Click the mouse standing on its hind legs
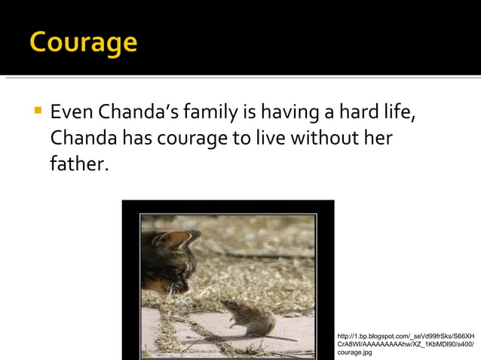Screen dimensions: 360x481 (x=248, y=317)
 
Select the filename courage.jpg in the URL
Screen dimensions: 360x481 (x=354, y=352)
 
